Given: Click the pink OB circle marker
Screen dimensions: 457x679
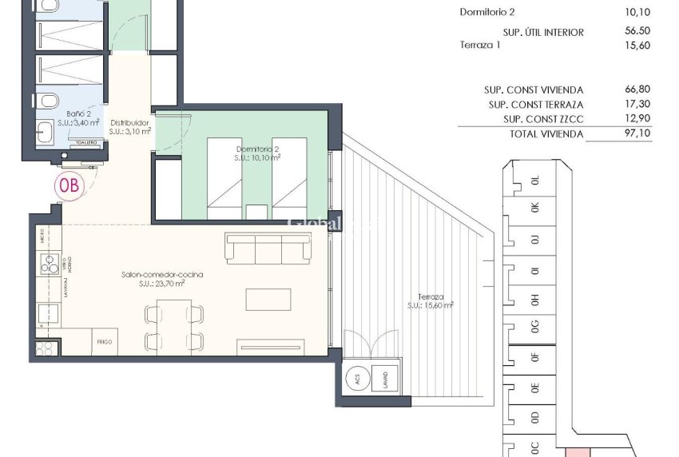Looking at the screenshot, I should [x=69, y=185].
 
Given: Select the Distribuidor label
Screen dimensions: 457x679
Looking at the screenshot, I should [x=129, y=123].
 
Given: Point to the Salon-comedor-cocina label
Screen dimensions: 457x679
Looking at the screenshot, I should [x=162, y=275].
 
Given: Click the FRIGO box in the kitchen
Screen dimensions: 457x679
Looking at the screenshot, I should [x=105, y=341].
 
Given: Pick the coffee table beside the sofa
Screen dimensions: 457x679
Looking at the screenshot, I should [x=268, y=299].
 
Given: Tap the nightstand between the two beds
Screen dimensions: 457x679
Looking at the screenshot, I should [x=256, y=212].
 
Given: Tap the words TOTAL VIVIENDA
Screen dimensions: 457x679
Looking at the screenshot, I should [x=546, y=134].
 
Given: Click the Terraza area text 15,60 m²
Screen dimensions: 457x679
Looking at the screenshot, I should [x=431, y=305].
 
